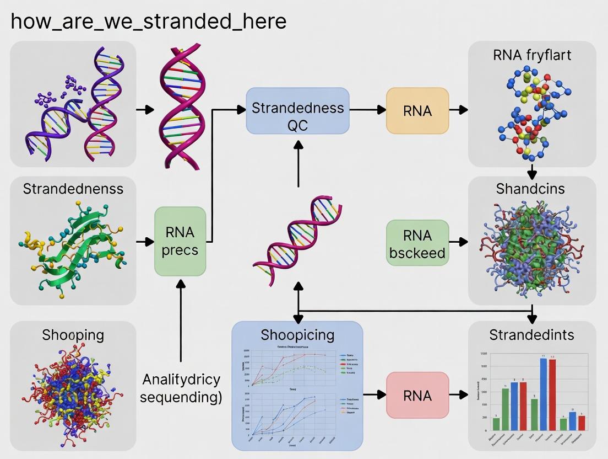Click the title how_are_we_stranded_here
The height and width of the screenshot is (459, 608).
[148, 22]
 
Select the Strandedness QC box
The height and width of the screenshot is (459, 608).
[297, 110]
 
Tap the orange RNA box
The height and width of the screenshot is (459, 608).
[417, 110]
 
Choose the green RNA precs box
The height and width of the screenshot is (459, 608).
[180, 241]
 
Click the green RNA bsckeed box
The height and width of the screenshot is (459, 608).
[417, 243]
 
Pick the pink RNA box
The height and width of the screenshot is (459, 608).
[417, 395]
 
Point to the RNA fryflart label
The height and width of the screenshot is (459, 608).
[532, 55]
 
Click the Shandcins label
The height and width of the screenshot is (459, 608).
[530, 189]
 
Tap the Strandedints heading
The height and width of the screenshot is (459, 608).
[531, 334]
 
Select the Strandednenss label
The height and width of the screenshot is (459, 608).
[73, 189]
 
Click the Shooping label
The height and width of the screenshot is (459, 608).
[73, 334]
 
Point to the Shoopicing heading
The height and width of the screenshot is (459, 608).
[297, 334]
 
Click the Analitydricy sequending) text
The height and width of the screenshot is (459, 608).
[181, 388]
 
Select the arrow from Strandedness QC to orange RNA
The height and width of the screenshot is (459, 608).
[368, 110]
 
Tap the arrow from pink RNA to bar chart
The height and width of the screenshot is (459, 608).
[458, 395]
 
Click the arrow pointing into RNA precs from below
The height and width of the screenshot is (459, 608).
[180, 320]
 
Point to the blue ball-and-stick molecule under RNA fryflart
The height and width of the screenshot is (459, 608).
[531, 110]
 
